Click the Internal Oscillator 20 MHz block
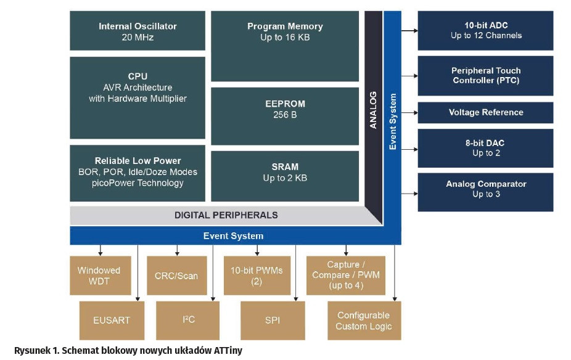(x=138, y=31)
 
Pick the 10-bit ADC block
(x=486, y=30)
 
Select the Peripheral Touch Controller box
(x=486, y=75)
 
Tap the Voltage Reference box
(x=486, y=112)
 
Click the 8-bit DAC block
(x=486, y=148)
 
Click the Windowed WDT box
(x=99, y=276)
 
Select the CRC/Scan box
(x=176, y=276)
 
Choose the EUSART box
(x=112, y=321)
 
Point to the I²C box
(x=188, y=321)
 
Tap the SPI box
(x=273, y=321)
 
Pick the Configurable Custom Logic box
(x=364, y=321)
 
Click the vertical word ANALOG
(x=373, y=110)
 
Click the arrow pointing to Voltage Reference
(x=409, y=112)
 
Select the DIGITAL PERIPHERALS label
(x=226, y=215)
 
